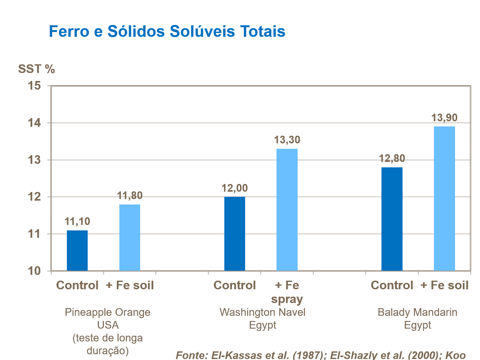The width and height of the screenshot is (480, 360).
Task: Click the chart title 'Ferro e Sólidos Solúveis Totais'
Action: pos(167,31)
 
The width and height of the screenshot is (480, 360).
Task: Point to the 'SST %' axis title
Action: pos(36,69)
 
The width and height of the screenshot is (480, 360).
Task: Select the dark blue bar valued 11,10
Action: pos(77,251)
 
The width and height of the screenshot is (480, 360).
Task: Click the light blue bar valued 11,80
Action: pos(130,237)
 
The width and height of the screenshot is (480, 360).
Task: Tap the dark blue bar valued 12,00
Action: pos(235,234)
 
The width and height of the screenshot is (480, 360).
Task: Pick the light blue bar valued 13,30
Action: pos(287,210)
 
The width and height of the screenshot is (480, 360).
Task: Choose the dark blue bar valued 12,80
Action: pos(392,219)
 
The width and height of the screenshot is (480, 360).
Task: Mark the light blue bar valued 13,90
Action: pos(444,198)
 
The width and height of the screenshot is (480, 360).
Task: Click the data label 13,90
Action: pos(444,118)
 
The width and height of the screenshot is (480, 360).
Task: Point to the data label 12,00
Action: pos(235,188)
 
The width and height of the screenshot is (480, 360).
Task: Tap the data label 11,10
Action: pos(77,221)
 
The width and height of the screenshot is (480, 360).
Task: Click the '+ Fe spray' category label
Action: pos(287,292)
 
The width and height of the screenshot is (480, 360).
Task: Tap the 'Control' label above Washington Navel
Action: pos(235,285)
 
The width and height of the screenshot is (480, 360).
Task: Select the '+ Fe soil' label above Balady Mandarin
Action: pos(444,285)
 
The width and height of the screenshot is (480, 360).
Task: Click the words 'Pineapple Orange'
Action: pos(108,312)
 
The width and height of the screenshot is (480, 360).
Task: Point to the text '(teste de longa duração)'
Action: pos(108,344)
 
